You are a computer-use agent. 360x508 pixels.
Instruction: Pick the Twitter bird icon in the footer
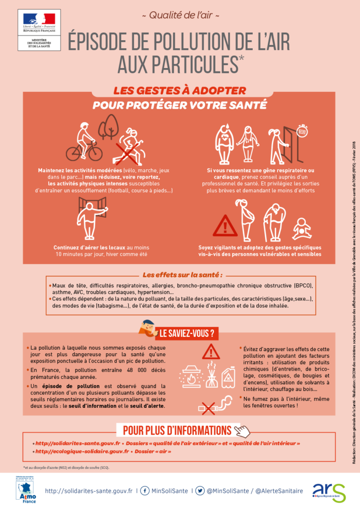point(200,491)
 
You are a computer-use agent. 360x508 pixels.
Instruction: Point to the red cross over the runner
point(128,150)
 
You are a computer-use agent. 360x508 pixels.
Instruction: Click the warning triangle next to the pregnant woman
point(225,226)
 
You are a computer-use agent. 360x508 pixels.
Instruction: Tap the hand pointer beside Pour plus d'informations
point(242,430)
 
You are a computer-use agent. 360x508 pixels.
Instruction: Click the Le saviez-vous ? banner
point(186,319)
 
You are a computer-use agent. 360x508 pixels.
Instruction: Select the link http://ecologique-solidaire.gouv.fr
point(82,452)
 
